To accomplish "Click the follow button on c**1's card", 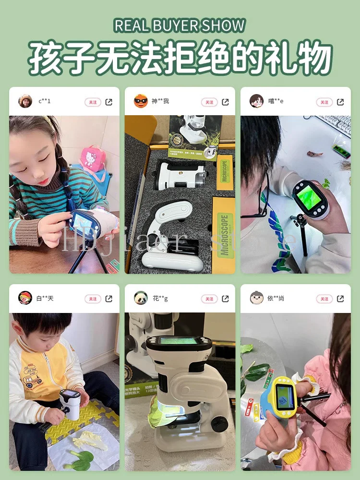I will click(93, 102).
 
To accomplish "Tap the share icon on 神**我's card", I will click(225, 102).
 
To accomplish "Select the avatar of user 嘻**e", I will click(256, 101).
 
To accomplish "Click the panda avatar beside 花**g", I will click(141, 298).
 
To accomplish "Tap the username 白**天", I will click(45, 299).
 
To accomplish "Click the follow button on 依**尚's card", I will click(324, 299).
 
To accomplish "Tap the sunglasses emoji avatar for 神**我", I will click(141, 101).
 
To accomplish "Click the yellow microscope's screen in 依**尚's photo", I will click(285, 396).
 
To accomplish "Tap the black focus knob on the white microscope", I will click(219, 423).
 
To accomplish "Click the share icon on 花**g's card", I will click(225, 299).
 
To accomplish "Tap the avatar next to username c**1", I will click(25, 101).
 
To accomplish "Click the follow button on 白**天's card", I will click(93, 299).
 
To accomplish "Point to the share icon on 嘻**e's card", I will click(340, 102).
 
